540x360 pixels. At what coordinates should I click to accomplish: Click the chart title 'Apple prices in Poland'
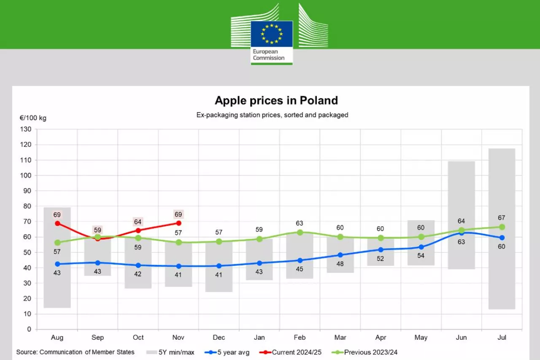(x=276, y=100)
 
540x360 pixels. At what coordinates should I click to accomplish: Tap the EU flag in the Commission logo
(x=272, y=34)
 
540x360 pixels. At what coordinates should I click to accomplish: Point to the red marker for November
(x=178, y=223)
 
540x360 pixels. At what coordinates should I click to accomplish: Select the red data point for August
(x=57, y=223)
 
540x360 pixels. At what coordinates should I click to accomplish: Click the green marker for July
(x=502, y=227)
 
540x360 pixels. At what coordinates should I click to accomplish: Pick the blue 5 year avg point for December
(x=219, y=266)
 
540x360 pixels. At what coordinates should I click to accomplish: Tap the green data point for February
(x=300, y=232)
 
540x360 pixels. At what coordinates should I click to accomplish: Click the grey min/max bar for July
(x=502, y=190)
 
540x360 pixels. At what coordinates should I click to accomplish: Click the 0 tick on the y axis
(x=29, y=329)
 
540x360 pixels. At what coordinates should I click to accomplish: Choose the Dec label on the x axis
(x=219, y=338)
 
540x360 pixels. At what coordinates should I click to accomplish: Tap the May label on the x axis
(x=421, y=338)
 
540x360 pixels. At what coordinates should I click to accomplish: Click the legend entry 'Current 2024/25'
(x=291, y=352)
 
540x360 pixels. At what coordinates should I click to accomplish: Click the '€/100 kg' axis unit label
(x=33, y=118)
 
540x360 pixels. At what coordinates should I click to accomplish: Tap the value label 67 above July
(x=501, y=218)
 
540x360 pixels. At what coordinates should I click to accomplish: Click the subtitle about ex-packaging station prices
(x=272, y=115)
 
